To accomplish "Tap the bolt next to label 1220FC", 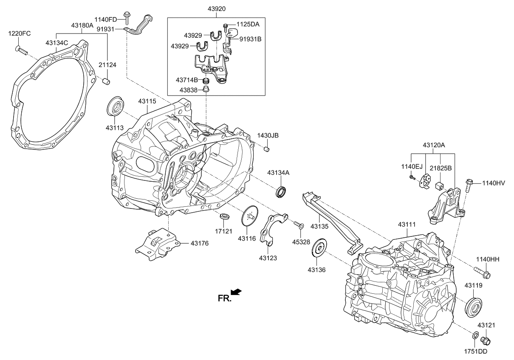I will [x=22, y=51].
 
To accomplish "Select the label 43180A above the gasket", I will [x=82, y=25].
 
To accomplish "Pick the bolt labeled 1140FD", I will [x=127, y=15].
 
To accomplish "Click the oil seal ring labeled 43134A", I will [x=281, y=191].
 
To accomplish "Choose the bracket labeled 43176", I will [x=156, y=245].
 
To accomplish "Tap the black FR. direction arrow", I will [x=237, y=291].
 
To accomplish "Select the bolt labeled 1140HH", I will [x=481, y=273].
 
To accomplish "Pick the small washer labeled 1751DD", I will [x=474, y=336].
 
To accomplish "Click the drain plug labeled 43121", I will [x=485, y=340].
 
